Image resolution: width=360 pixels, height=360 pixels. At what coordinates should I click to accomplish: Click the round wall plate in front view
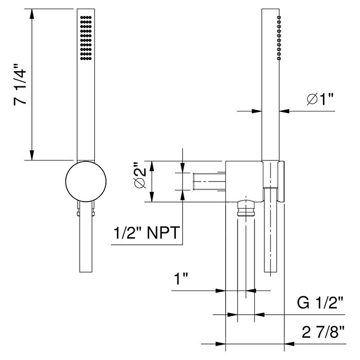[x=86, y=181]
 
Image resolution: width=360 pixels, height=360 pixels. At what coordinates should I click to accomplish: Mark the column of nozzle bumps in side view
[x=279, y=39]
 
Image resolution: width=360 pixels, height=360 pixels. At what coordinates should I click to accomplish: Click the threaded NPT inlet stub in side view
[x=208, y=182]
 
